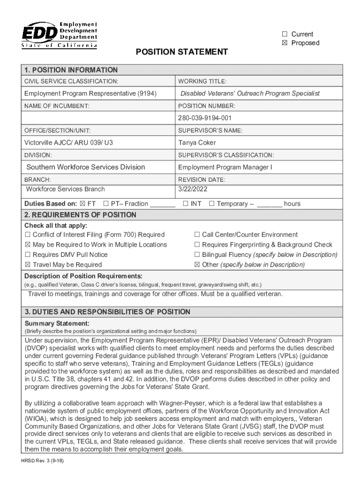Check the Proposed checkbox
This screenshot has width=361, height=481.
click(x=284, y=43)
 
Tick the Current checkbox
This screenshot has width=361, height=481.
click(x=284, y=34)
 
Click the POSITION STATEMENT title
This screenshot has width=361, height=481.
click(x=181, y=52)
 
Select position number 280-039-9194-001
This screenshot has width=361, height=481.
click(x=205, y=118)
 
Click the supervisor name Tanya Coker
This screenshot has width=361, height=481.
click(x=197, y=143)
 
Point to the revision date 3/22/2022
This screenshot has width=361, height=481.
click(x=193, y=189)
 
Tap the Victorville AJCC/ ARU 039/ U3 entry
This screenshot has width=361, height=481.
click(x=68, y=143)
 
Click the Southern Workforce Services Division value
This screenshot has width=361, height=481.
click(x=86, y=167)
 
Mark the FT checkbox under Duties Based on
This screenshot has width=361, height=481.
click(x=83, y=204)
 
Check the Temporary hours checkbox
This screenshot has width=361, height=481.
click(x=211, y=204)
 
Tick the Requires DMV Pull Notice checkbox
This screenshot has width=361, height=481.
click(x=28, y=255)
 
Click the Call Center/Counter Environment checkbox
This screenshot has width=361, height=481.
click(x=197, y=234)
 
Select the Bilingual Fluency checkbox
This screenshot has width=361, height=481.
click(x=197, y=255)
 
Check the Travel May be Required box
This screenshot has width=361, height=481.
click(x=28, y=265)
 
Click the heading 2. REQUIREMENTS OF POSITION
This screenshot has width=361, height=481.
click(x=80, y=215)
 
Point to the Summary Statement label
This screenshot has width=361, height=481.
click(x=57, y=324)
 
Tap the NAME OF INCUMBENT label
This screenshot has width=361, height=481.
click(x=57, y=106)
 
